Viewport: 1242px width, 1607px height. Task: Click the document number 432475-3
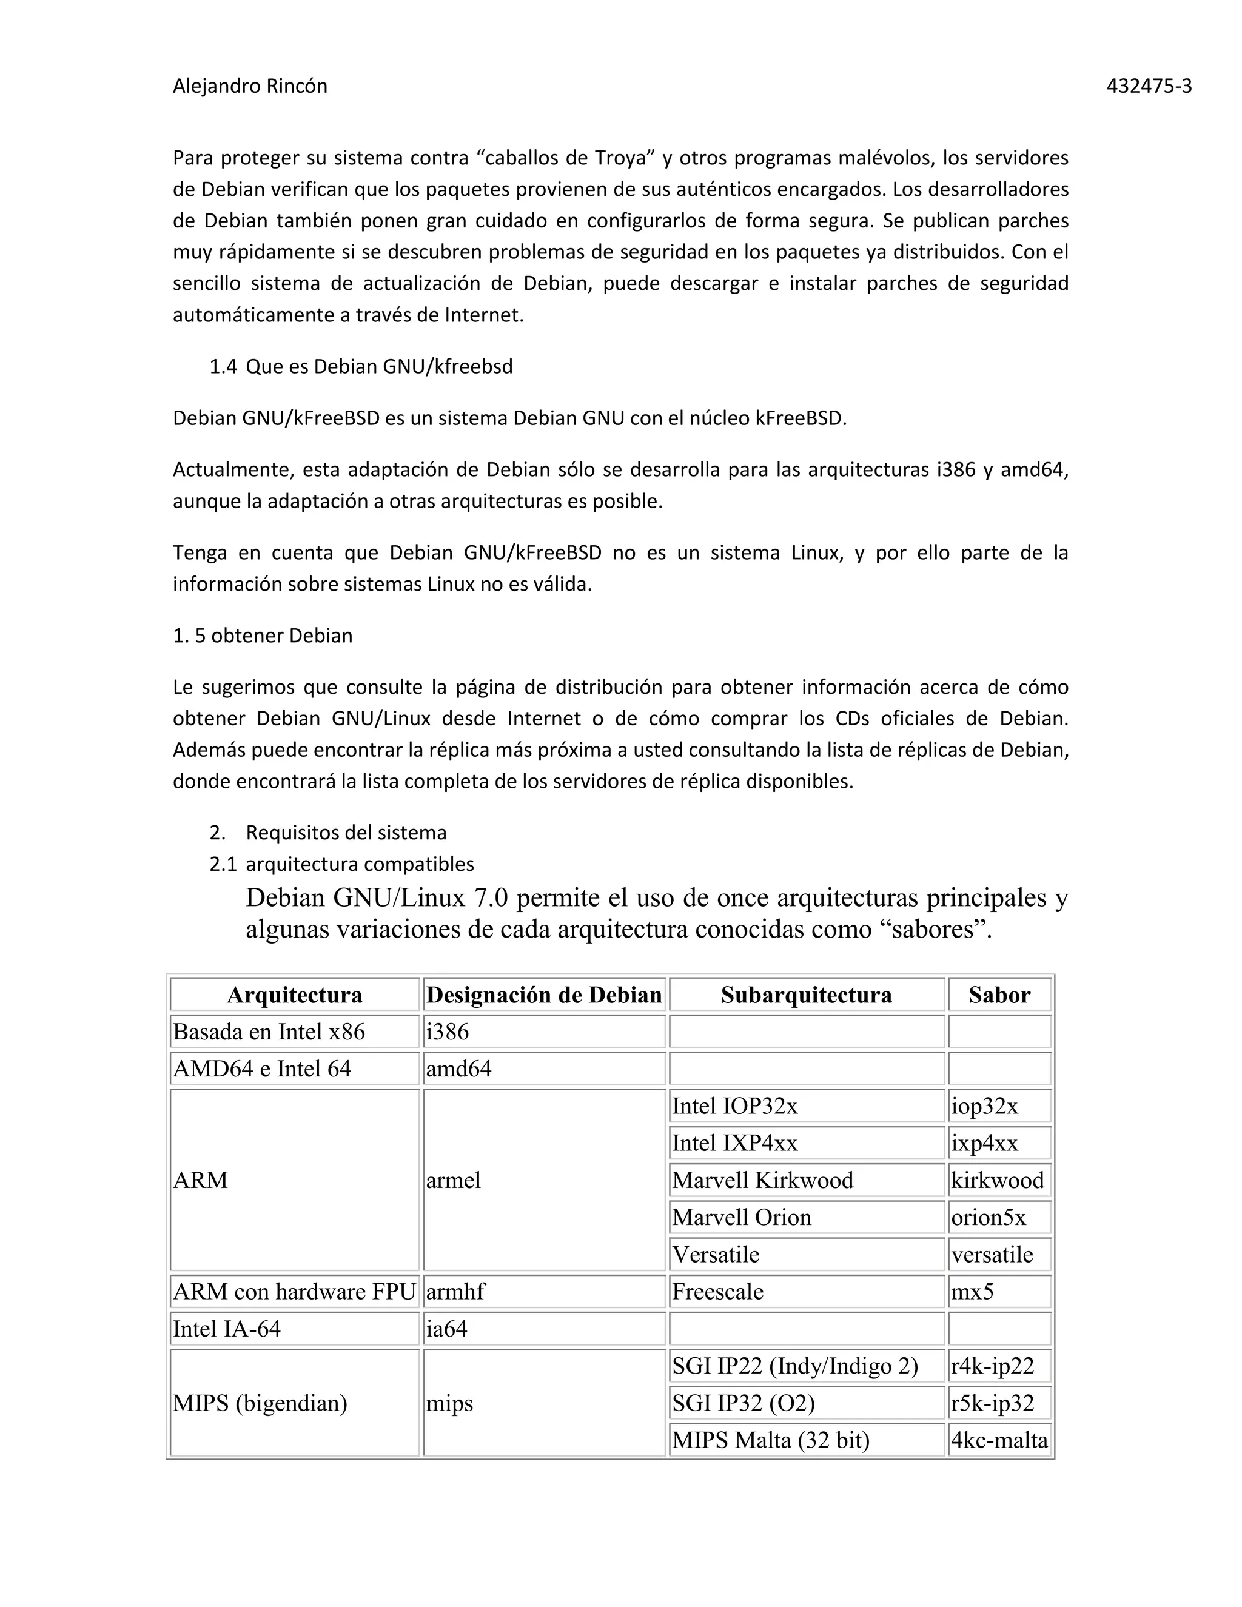click(x=1149, y=87)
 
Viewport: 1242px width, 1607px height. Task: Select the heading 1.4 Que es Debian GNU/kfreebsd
click(x=361, y=366)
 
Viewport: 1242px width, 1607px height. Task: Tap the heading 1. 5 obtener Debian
click(x=263, y=636)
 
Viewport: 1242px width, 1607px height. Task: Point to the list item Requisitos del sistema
click(x=346, y=833)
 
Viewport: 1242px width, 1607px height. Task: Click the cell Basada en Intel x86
click(x=269, y=1032)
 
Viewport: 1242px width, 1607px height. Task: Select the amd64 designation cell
click(x=458, y=1069)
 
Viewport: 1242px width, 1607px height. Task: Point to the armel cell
click(x=453, y=1180)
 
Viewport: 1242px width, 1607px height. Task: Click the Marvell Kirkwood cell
click(x=762, y=1180)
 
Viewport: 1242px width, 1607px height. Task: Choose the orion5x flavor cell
click(x=988, y=1217)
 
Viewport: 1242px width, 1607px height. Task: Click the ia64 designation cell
click(x=446, y=1329)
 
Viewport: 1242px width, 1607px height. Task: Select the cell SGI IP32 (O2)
click(x=743, y=1403)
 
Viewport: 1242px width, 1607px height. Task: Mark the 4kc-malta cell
click(x=998, y=1440)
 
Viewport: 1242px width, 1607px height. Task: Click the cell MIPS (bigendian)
click(x=260, y=1403)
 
